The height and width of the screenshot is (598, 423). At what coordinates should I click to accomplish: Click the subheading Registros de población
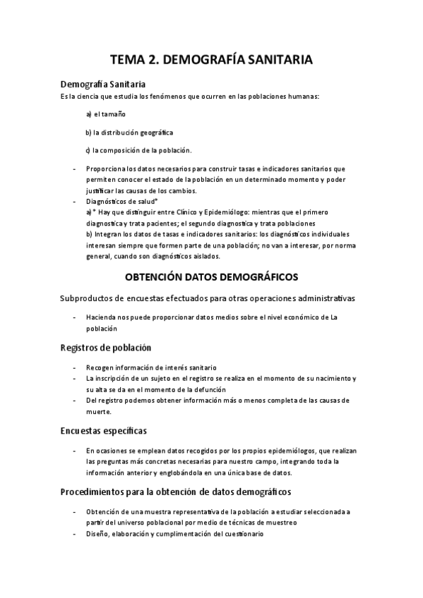pos(105,347)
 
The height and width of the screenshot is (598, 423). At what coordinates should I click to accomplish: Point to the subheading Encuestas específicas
pos(104,430)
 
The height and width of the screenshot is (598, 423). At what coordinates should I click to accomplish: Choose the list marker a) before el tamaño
pos(89,114)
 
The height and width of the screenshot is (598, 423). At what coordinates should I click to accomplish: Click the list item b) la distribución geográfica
pos(129,132)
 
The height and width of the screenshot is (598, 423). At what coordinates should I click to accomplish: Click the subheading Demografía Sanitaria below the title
pos(103,85)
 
